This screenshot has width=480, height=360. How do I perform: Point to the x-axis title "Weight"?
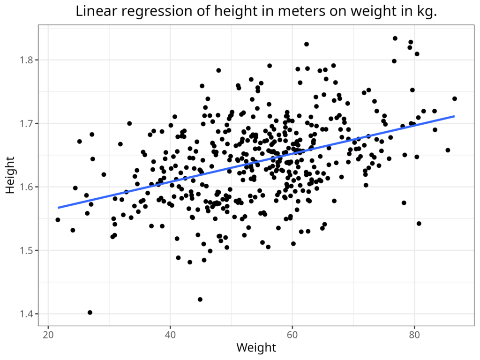coord(256,348)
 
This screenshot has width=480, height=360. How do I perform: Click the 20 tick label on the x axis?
coord(48,335)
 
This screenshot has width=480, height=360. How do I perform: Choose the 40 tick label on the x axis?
coord(170,335)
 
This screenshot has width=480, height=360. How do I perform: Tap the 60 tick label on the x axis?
coord(292,335)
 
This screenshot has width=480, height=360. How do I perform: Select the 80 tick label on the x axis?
coord(414,335)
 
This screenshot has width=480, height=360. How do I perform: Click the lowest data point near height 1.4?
coord(90,313)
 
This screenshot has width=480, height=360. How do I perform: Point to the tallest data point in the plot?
coord(395,38)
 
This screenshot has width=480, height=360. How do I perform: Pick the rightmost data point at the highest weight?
coord(455,99)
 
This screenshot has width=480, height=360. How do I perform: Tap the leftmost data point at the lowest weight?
coord(58,220)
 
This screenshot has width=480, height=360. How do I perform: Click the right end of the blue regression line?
coord(454,116)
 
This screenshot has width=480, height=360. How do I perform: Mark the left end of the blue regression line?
coord(58,207)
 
